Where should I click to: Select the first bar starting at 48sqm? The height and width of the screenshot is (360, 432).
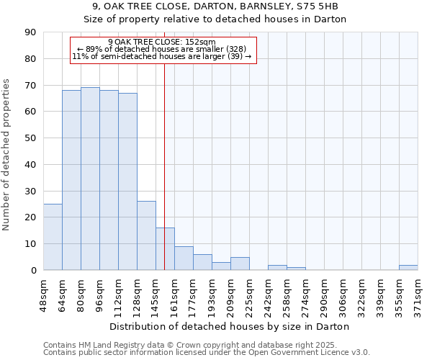click(x=53, y=237)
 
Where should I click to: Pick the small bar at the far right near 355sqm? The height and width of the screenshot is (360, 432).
click(x=408, y=267)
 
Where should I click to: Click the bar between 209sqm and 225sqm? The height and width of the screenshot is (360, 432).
click(x=240, y=264)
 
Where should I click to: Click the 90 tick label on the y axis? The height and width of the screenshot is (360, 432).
click(x=30, y=32)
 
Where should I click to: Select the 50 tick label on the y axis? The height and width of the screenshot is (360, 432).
click(x=30, y=138)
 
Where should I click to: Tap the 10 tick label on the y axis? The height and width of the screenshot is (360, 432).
click(x=30, y=244)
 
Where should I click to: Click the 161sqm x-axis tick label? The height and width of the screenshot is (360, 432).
click(x=175, y=295)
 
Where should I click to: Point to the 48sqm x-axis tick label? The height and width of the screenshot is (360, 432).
click(x=44, y=295)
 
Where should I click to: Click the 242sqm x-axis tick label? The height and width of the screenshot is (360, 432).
click(x=269, y=295)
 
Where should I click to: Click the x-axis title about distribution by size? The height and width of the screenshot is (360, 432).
click(x=230, y=327)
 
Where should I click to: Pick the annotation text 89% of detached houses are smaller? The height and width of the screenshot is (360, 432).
click(x=161, y=49)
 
